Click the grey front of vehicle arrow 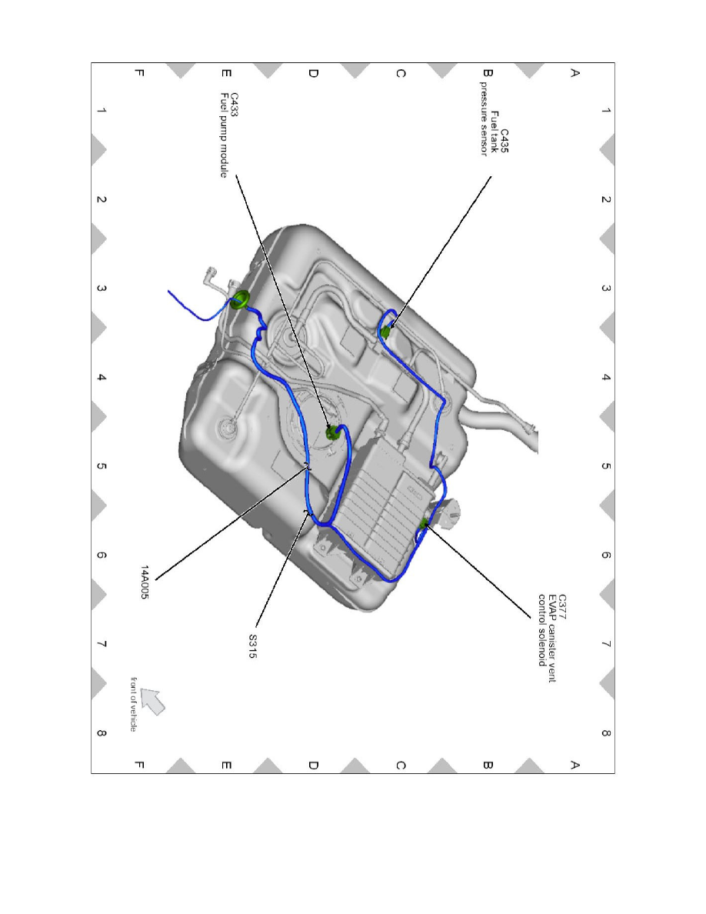pyautogui.click(x=155, y=701)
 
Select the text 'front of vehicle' pyautogui.click(x=134, y=703)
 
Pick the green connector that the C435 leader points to pyautogui.click(x=386, y=332)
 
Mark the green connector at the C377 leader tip pyautogui.click(x=423, y=525)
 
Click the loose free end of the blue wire pyautogui.click(x=171, y=293)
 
